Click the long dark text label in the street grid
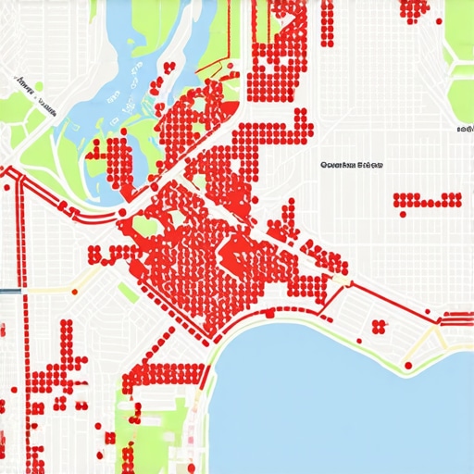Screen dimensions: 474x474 tap(351, 166)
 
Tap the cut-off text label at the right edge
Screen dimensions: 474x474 tap(465, 130)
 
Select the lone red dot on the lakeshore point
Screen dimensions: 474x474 tap(407, 366)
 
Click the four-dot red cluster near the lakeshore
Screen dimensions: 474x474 tap(378, 326)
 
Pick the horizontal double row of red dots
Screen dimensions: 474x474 tap(427, 199)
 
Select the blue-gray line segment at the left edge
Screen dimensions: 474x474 tap(10, 291)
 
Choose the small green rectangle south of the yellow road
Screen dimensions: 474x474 tap(128, 293)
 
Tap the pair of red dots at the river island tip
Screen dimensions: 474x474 tap(169, 67)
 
